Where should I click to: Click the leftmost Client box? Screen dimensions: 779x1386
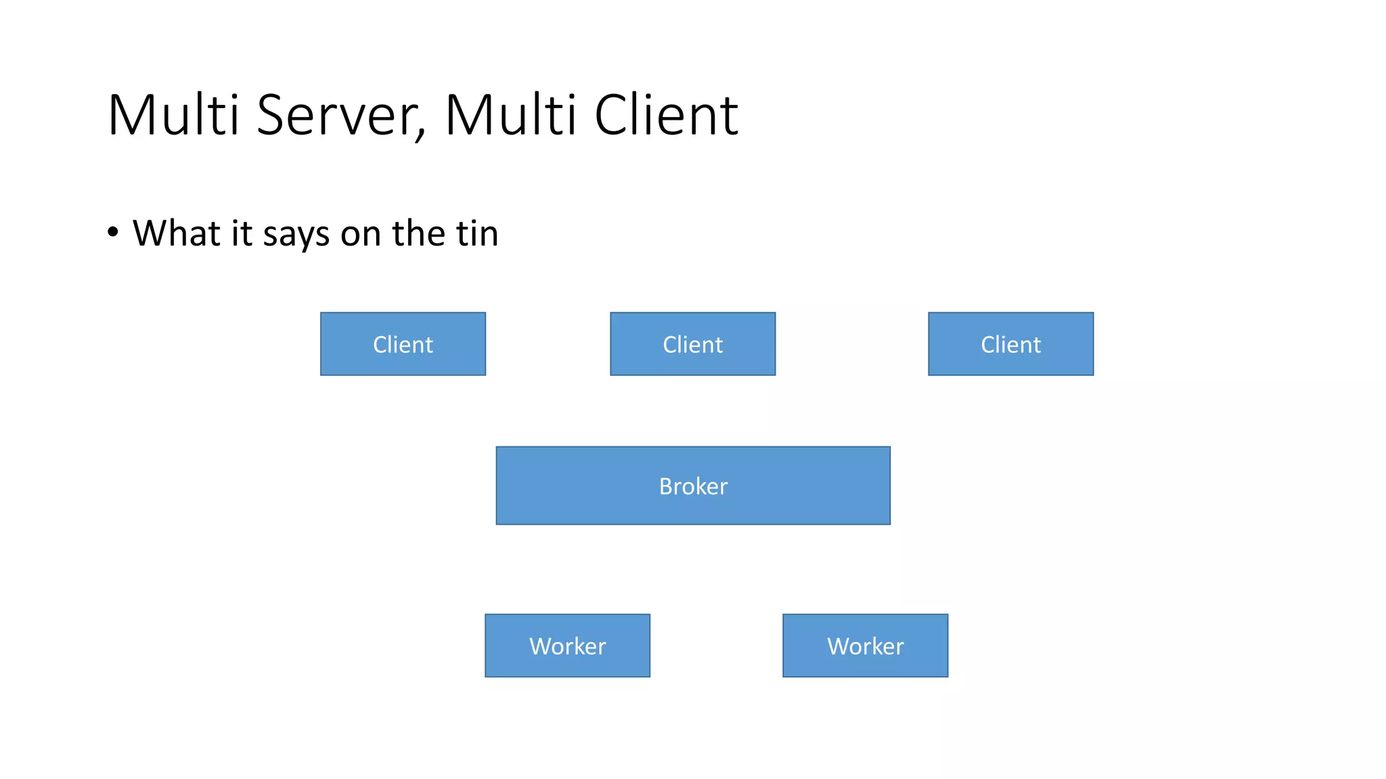(x=403, y=344)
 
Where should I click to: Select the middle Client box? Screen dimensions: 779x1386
(x=692, y=344)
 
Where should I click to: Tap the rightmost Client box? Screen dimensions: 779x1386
(x=1010, y=344)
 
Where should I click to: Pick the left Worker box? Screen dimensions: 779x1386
(x=567, y=645)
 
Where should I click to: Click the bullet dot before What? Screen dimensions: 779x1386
(x=113, y=233)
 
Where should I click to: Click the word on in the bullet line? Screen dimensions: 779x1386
(x=361, y=235)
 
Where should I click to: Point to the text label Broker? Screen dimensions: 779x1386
(x=693, y=486)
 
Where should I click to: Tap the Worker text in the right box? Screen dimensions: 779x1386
(x=865, y=646)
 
